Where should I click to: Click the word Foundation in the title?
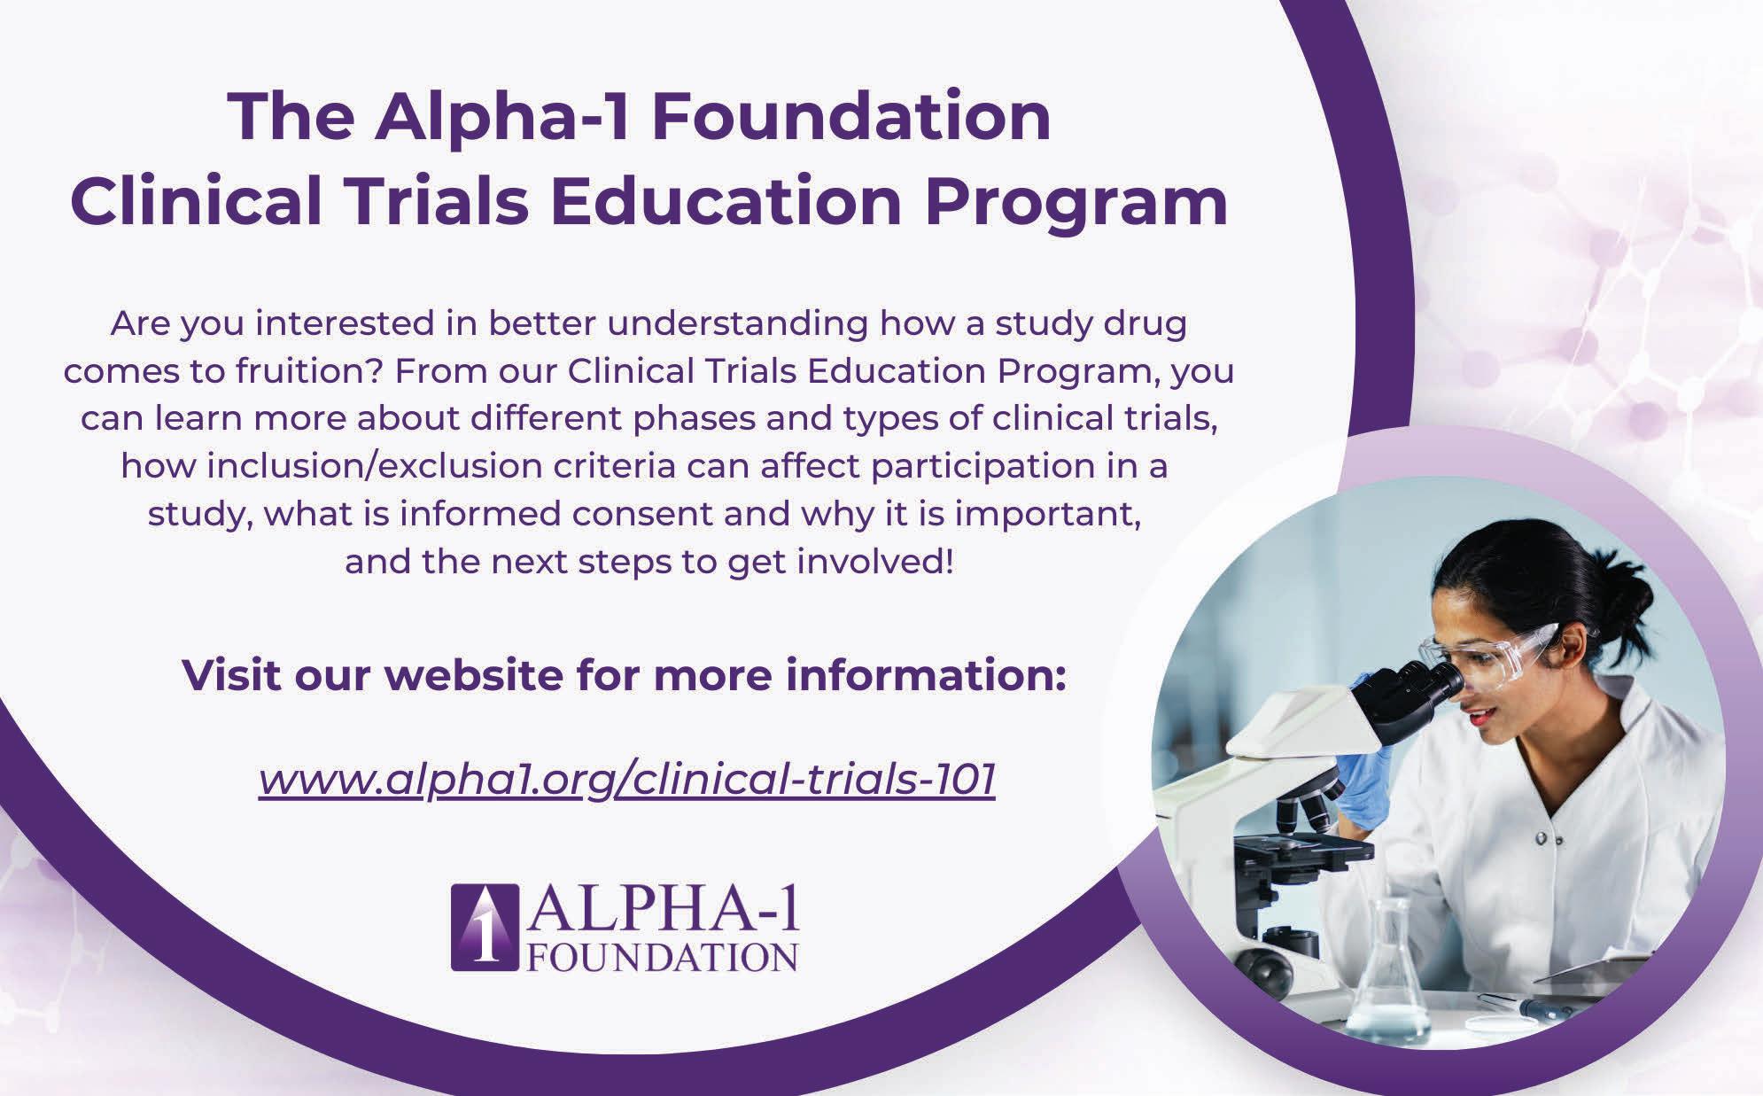[x=850, y=117]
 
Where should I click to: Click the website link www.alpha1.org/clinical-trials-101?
[x=627, y=780]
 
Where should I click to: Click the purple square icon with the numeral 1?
[x=484, y=927]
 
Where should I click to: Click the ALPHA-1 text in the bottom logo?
[x=664, y=912]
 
